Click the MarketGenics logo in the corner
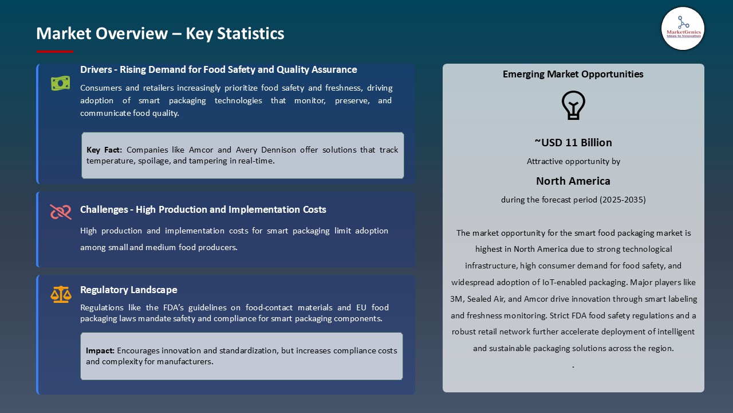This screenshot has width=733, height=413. (683, 28)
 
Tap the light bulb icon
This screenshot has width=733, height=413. (573, 106)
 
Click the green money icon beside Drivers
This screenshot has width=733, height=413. (60, 84)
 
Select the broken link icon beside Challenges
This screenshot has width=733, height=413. (61, 212)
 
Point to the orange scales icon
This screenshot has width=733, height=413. (61, 295)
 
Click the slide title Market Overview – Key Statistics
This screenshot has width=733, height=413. (160, 34)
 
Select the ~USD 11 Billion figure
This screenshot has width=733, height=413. (573, 143)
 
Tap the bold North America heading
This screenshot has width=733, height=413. (573, 181)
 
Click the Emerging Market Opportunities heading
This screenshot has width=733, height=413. (573, 74)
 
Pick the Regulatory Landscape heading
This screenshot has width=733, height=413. (129, 290)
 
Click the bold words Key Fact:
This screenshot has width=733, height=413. (104, 150)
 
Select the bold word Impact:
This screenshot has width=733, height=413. (100, 350)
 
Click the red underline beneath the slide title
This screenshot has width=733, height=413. (55, 52)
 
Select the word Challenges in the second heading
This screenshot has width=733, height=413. (104, 209)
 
